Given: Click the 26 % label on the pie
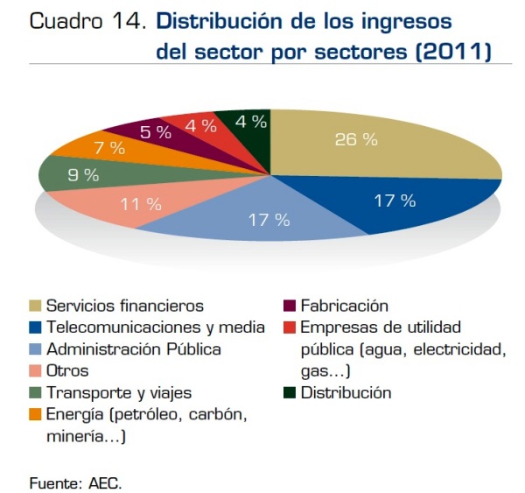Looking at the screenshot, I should [357, 140].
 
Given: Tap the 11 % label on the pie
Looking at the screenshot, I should [141, 204].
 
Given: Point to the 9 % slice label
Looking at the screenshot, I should [83, 175].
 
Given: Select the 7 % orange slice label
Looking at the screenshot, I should [109, 148].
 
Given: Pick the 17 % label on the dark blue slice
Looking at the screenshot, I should [395, 201].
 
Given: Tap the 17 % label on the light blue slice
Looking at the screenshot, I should [269, 220].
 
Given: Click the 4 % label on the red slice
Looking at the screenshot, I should [201, 125].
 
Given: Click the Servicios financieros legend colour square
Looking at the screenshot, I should [36, 306].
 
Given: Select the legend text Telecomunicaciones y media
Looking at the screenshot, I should [156, 327].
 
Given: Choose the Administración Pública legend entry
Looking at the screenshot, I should [134, 349].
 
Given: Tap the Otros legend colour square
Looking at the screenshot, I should [36, 371].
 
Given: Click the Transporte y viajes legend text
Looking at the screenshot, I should [119, 392].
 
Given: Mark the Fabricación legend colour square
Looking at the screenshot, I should [290, 306].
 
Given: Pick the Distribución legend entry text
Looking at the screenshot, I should [346, 392].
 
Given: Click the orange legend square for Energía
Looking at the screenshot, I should [36, 414].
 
